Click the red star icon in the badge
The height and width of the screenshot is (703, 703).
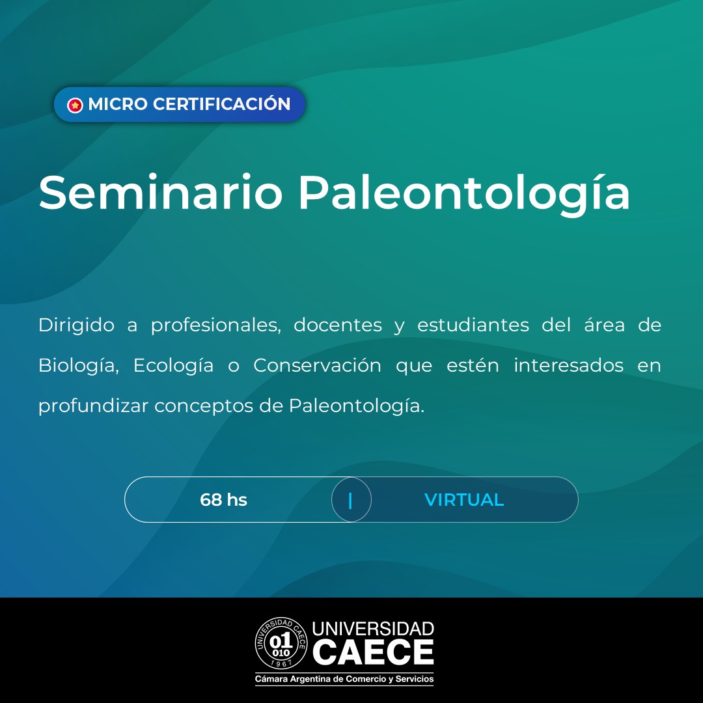click(x=75, y=105)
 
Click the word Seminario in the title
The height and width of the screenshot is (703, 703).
click(x=161, y=193)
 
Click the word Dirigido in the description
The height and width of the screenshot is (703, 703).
click(x=76, y=325)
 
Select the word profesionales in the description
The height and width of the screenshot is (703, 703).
click(x=215, y=325)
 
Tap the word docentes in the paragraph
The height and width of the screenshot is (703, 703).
click(x=338, y=325)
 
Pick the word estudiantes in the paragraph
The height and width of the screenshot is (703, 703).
click(x=473, y=325)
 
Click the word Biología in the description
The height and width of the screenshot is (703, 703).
click(x=79, y=366)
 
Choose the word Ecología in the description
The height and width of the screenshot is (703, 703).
click(x=174, y=366)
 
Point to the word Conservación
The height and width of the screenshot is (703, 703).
click(x=317, y=365)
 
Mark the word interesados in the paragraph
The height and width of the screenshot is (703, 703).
click(x=568, y=365)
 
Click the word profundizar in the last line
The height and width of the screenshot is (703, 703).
click(x=93, y=406)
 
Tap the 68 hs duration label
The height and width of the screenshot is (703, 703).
click(x=223, y=499)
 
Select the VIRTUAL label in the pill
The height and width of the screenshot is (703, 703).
click(x=464, y=499)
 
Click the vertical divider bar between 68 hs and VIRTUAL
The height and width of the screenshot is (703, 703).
click(x=350, y=501)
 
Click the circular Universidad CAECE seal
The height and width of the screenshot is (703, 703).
click(x=281, y=643)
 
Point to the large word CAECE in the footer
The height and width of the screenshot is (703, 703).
click(x=373, y=652)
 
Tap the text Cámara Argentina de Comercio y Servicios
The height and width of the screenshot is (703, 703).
click(x=344, y=679)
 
